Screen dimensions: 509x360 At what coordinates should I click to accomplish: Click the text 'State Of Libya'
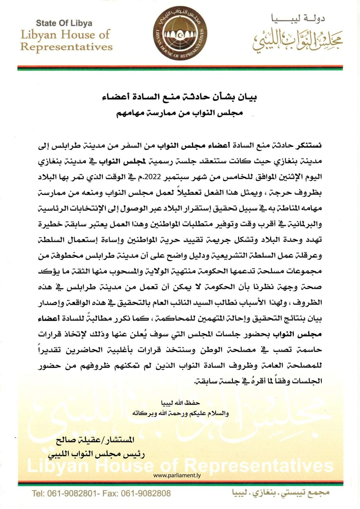(64, 23)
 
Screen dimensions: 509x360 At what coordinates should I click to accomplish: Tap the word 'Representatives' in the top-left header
(66, 47)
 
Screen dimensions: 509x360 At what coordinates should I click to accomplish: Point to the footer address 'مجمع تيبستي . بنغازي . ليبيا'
(280, 493)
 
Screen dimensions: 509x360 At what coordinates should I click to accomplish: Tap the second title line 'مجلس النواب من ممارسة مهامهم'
(180, 113)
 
